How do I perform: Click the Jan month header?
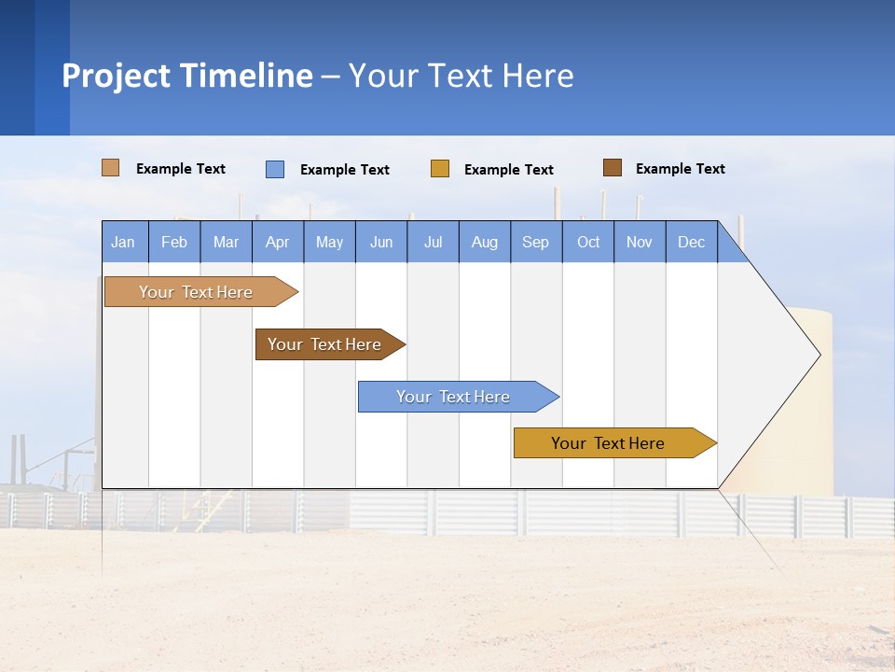124,242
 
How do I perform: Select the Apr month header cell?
278,242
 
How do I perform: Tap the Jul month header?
433,242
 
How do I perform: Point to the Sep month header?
536,242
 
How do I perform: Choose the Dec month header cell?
691,242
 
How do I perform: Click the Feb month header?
174,242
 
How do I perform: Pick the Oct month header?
588,242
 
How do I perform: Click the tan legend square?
111,168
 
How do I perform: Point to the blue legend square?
275,169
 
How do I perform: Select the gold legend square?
440,169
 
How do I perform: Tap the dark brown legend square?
613,168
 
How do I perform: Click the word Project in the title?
117,76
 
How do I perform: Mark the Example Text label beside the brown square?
680,169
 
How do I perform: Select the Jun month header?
381,242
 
